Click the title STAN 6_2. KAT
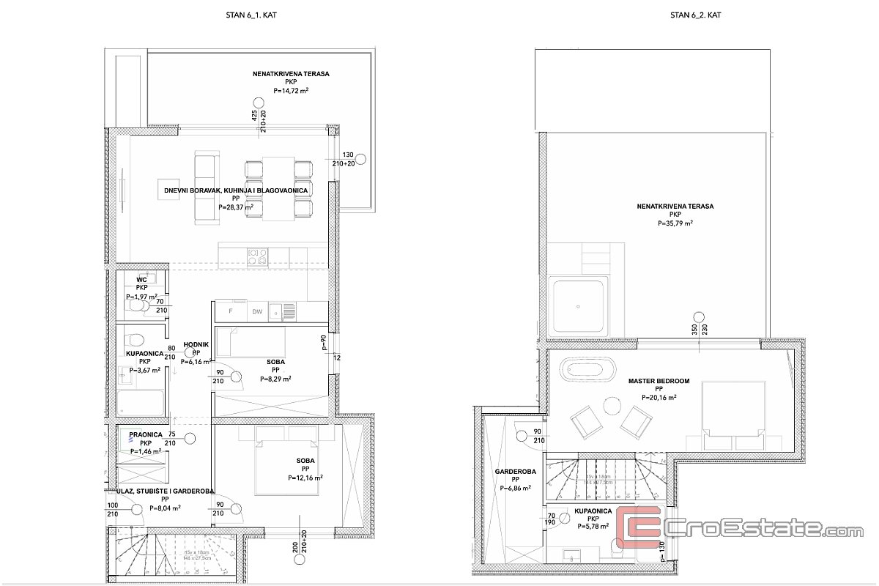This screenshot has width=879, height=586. [x=696, y=14]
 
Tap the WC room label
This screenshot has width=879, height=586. [x=142, y=279]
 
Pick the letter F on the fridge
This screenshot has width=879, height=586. [x=231, y=312]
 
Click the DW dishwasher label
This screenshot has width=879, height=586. [x=257, y=312]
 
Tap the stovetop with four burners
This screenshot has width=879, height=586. [x=258, y=256]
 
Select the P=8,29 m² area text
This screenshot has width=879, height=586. [x=275, y=379]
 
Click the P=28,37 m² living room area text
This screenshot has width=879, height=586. [x=236, y=207]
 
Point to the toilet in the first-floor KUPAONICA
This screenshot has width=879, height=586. [x=134, y=341]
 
